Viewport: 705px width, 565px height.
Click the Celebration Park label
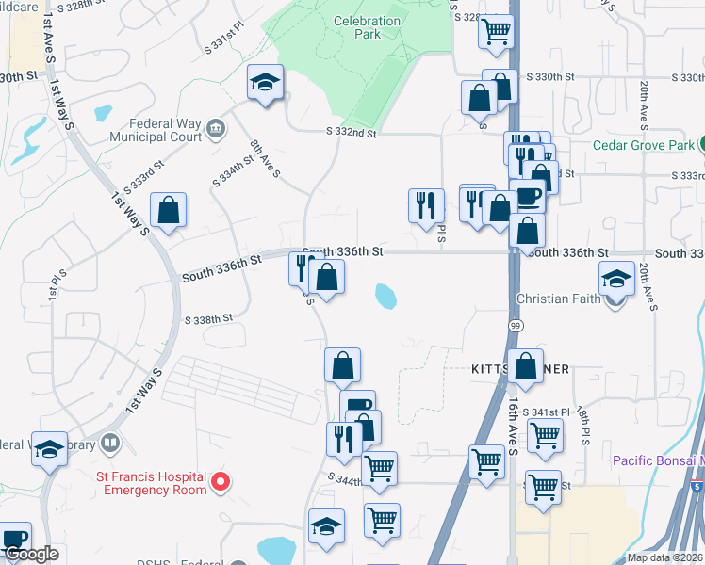click(356, 26)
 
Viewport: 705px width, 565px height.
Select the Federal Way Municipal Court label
click(156, 130)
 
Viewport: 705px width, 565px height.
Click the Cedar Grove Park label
click(645, 145)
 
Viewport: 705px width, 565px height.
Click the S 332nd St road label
click(352, 134)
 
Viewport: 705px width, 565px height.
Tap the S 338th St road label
click(209, 319)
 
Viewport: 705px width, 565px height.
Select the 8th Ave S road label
click(265, 158)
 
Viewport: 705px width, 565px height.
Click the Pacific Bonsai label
click(657, 460)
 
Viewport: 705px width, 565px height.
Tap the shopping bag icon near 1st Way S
click(168, 212)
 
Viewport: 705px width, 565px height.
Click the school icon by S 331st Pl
click(266, 82)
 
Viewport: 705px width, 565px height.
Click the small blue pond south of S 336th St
click(385, 297)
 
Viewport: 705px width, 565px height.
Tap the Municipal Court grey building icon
click(215, 128)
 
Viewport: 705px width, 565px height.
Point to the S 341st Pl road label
click(550, 412)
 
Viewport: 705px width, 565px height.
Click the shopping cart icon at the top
click(496, 31)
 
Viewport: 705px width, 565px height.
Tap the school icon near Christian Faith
click(616, 279)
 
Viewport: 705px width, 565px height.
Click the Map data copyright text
click(664, 557)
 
